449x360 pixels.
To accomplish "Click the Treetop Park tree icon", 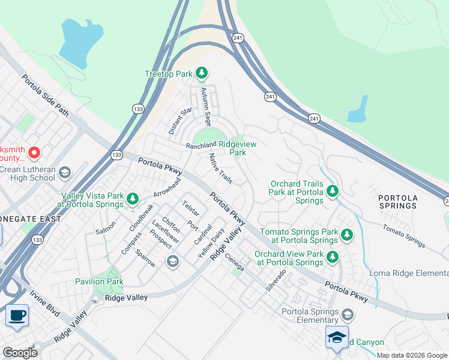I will click(x=202, y=74).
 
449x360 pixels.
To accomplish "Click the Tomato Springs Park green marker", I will click(x=346, y=234).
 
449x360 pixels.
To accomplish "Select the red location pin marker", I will click(x=34, y=154).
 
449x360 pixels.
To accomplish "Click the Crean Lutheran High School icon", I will click(x=64, y=173).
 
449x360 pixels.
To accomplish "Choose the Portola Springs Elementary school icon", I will click(x=347, y=315).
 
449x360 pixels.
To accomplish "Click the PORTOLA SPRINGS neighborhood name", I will click(x=398, y=201).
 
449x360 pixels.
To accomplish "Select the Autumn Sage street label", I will click(x=206, y=103).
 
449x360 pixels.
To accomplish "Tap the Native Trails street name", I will click(x=220, y=168).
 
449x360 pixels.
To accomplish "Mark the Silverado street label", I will click(x=277, y=280).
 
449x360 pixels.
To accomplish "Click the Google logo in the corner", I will click(x=20, y=352).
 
